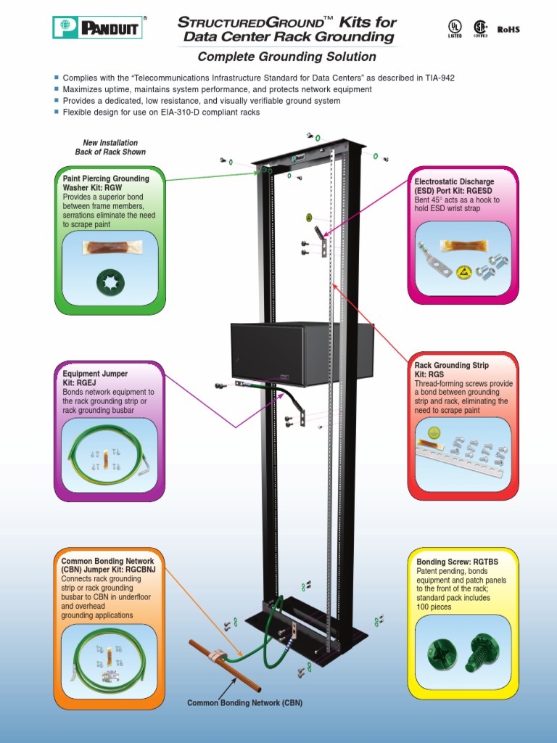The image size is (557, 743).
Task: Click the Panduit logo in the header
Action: (x=99, y=28)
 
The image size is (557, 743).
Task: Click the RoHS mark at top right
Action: (x=508, y=30)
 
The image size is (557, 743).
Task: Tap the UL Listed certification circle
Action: (x=455, y=28)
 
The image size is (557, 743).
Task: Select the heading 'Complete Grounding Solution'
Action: (x=287, y=57)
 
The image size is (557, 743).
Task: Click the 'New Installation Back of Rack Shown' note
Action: (x=110, y=147)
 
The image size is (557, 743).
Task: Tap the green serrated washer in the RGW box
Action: (x=110, y=282)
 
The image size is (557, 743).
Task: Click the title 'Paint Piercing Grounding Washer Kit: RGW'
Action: (x=106, y=183)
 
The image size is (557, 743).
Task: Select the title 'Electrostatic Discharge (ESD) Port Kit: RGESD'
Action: (x=454, y=186)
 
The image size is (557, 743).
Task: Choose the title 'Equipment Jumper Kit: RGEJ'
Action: (x=95, y=378)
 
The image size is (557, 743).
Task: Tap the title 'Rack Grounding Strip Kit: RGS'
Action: (x=451, y=370)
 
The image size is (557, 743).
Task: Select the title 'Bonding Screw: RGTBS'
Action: (x=453, y=562)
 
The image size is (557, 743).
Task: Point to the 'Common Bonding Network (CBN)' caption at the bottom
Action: (x=244, y=703)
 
